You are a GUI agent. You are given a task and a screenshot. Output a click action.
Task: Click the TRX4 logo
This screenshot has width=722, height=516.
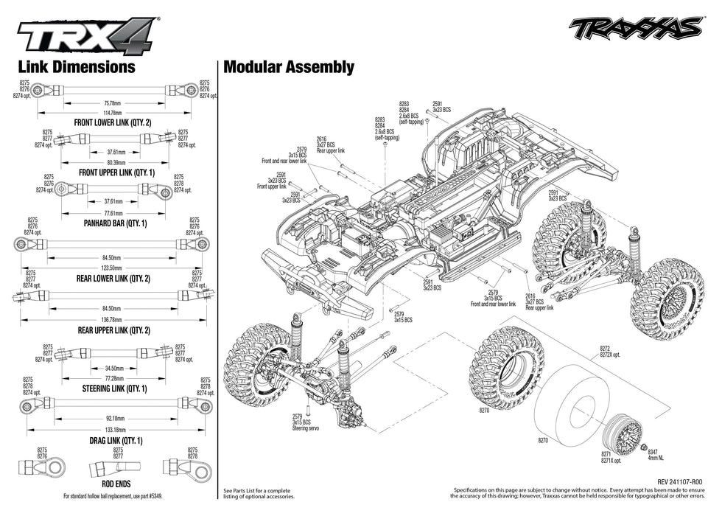tap(86, 34)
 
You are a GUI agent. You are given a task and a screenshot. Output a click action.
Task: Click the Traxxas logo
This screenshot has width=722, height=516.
tap(634, 27)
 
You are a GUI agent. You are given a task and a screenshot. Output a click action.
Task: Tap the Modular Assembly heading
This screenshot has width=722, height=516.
tap(288, 67)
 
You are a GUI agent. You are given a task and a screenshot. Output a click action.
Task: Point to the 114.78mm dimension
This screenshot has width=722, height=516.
tap(112, 112)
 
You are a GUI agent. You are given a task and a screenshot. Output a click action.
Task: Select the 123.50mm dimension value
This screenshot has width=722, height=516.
tap(113, 268)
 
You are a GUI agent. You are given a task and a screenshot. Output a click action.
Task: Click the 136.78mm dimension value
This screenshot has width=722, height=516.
tap(113, 320)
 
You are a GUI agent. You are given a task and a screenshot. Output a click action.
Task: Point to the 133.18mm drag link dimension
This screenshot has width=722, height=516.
tap(113, 429)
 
